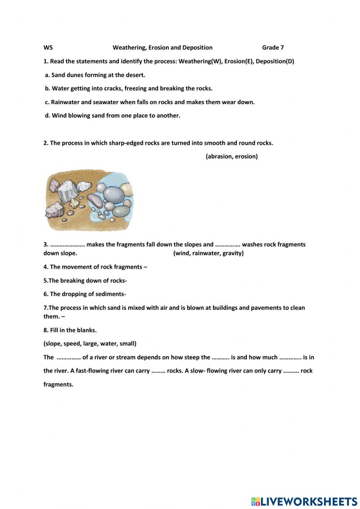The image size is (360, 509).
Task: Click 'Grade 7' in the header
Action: pos(273,48)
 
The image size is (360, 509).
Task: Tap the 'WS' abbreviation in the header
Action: pos(48,48)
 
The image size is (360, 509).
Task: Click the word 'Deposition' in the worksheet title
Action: pos(197,48)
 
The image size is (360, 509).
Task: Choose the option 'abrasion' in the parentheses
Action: pos(219,156)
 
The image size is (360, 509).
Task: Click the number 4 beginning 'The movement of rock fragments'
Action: pos(45,267)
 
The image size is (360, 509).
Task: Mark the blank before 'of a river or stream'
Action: pos(68,357)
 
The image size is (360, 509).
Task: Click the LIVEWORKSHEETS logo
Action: pos(304,501)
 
